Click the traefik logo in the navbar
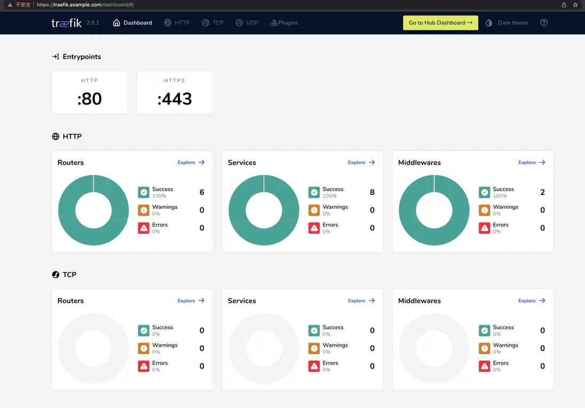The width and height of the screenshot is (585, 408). pos(67,23)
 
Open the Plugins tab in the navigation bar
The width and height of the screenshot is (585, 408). pos(284,23)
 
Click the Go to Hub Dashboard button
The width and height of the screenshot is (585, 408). pos(440,23)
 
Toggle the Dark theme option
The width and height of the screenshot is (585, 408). pos(507,23)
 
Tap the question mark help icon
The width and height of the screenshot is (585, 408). pos(543,23)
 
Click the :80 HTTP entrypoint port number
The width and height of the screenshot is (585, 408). pos(90,99)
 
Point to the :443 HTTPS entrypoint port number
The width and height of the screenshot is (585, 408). pos(175,99)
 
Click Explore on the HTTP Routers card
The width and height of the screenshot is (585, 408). pos(191,162)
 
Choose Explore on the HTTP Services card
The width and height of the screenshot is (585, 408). pos(361,162)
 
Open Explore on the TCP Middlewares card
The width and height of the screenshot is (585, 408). pos(532,301)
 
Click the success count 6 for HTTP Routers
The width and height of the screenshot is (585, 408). pos(202,192)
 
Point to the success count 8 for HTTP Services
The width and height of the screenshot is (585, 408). pos(372,192)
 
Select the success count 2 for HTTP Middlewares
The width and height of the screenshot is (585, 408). pos(542,192)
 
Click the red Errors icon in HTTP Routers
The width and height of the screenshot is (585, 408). pos(143,228)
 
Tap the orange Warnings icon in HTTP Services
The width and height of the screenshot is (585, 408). pos(314,210)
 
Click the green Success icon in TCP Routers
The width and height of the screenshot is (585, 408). pos(143,331)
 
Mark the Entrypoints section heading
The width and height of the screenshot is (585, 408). pos(82,56)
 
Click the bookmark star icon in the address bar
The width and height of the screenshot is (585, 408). pos(575,5)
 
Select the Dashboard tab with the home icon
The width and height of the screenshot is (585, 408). pos(133,23)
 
